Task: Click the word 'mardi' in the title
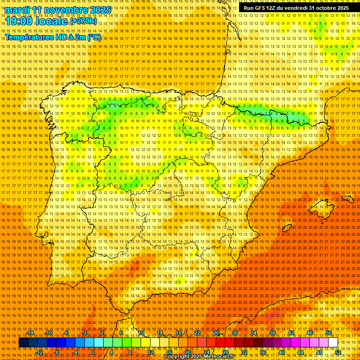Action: pos(16,9)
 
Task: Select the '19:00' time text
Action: pos(20,21)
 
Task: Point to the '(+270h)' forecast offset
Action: pos(83,21)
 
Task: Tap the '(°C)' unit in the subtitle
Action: pos(94,37)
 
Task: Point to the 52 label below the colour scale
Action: pos(337,352)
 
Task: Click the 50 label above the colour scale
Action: pos(329,333)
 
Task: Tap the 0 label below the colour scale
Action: pos(93,352)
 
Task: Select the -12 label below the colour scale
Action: pos(39,352)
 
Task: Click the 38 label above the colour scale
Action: pos(272,333)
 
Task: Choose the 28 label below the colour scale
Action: pos(225,352)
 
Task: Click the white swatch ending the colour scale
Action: pos(333,343)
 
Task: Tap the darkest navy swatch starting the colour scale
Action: pos(23,343)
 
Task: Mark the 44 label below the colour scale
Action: pos(300,352)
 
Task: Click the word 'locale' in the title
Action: pos(52,21)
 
